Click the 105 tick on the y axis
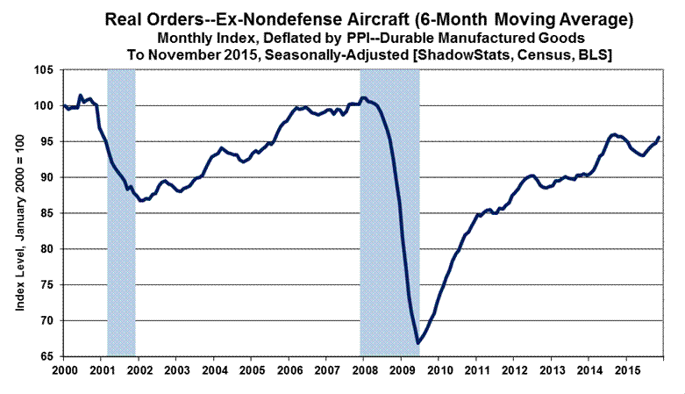46,70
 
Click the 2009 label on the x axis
401,370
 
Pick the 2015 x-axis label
625,370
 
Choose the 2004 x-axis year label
214,370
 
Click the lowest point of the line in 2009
417,343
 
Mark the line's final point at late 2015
659,138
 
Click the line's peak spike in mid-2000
81,95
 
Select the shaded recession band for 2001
121,211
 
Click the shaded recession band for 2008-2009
389,211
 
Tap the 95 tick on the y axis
48,142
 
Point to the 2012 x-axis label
513,370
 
